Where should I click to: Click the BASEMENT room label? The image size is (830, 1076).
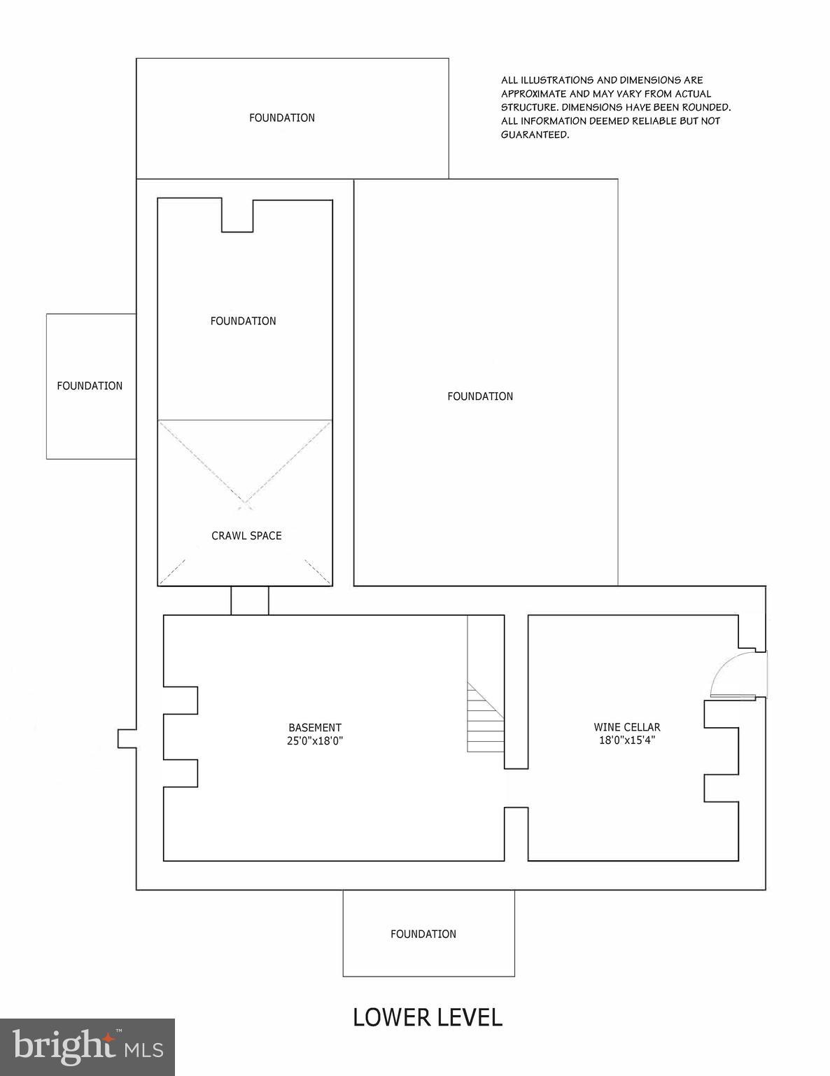(315, 728)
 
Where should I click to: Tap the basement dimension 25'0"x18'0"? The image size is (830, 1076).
(315, 740)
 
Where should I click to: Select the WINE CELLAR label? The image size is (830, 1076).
(627, 727)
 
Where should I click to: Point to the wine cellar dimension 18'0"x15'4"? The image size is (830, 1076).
(627, 740)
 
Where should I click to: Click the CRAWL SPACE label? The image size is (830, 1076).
(246, 536)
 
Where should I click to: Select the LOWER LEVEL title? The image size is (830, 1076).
(428, 1017)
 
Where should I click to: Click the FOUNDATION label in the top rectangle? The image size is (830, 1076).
(282, 118)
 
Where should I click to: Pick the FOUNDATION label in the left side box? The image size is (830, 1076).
(90, 386)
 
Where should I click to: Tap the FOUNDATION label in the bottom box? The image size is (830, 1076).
(423, 934)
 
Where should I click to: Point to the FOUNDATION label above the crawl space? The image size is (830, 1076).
(244, 321)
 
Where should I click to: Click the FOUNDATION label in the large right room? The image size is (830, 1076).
(480, 396)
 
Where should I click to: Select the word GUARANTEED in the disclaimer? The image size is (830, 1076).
(535, 135)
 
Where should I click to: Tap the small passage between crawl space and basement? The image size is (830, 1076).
(250, 600)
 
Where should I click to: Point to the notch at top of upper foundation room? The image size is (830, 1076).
(237, 216)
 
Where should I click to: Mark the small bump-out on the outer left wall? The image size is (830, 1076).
(127, 738)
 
